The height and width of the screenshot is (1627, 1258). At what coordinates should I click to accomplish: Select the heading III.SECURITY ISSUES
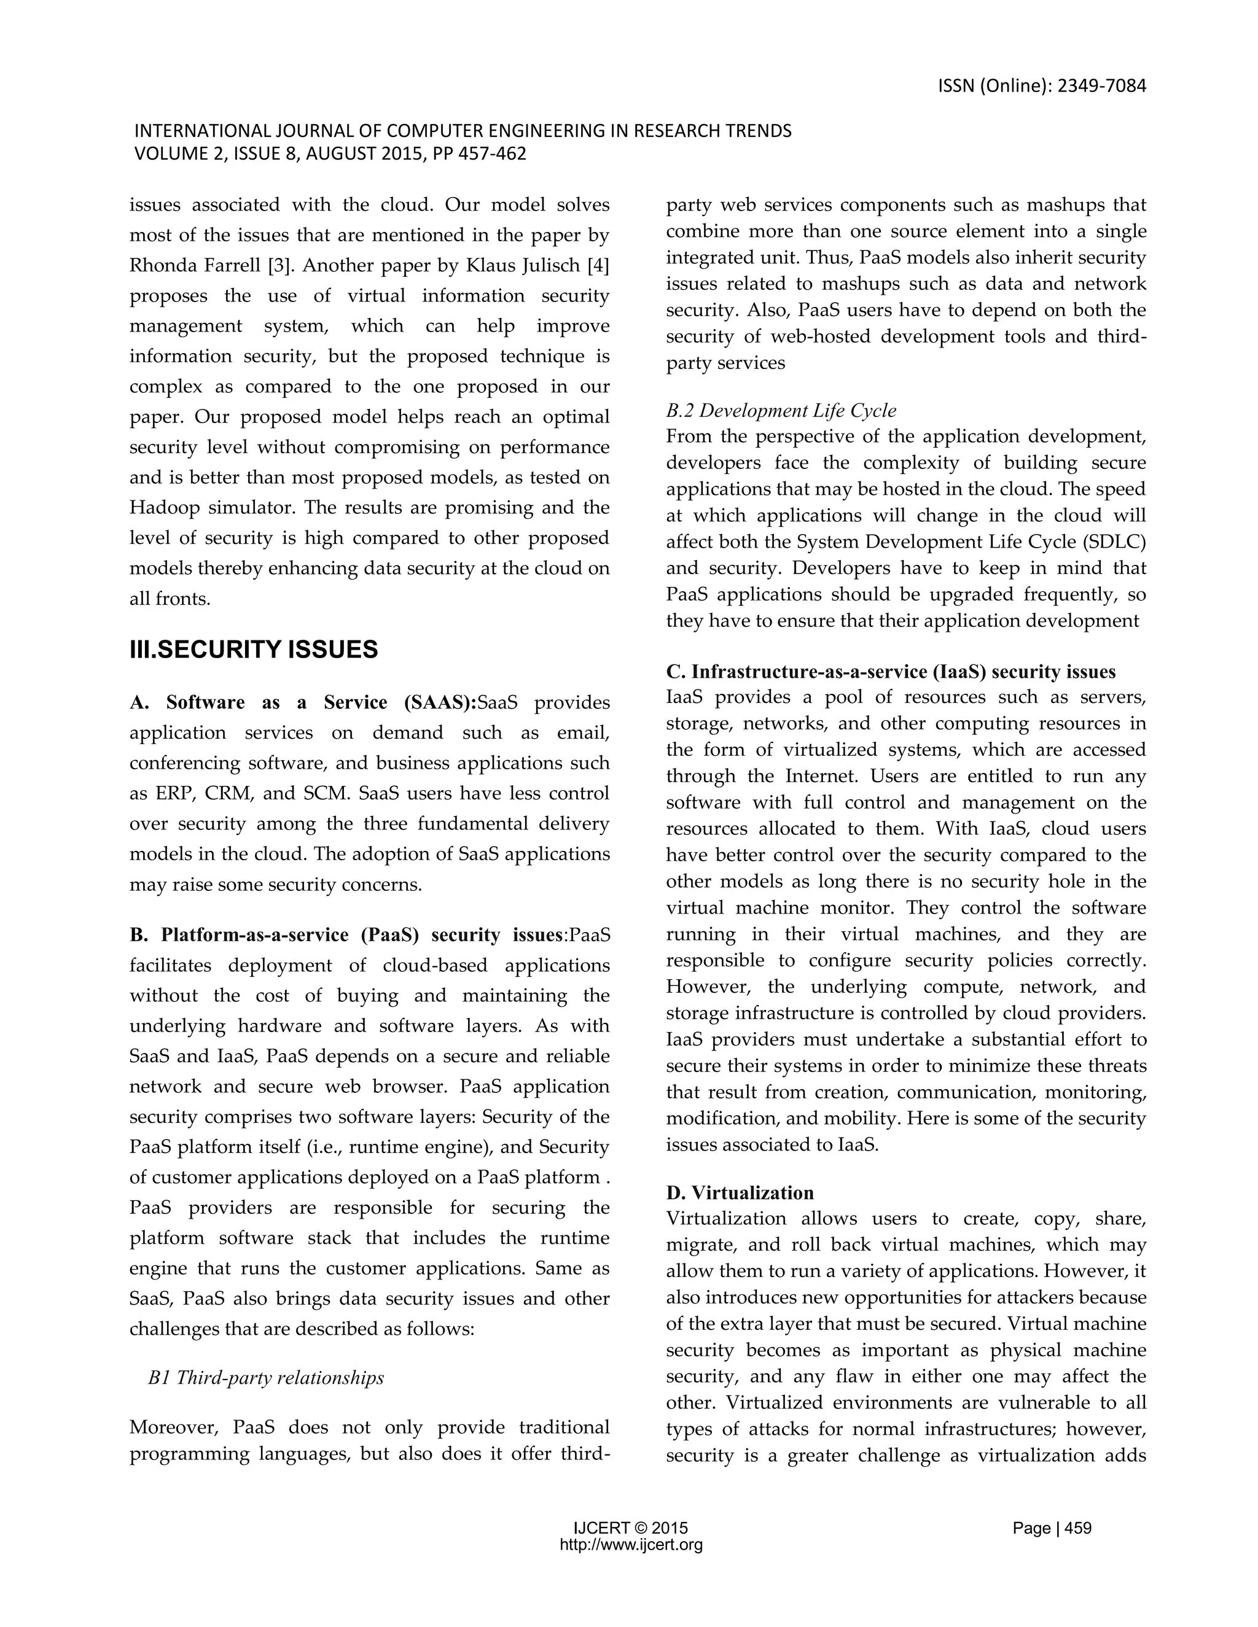click(254, 650)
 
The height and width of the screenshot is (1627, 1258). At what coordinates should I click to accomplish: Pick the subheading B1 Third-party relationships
click(266, 1378)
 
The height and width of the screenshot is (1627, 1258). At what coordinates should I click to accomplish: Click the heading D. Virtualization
click(740, 1193)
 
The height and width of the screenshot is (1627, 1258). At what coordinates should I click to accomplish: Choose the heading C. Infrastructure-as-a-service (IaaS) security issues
click(891, 672)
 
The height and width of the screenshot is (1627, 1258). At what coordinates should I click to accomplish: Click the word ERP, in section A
click(176, 793)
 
